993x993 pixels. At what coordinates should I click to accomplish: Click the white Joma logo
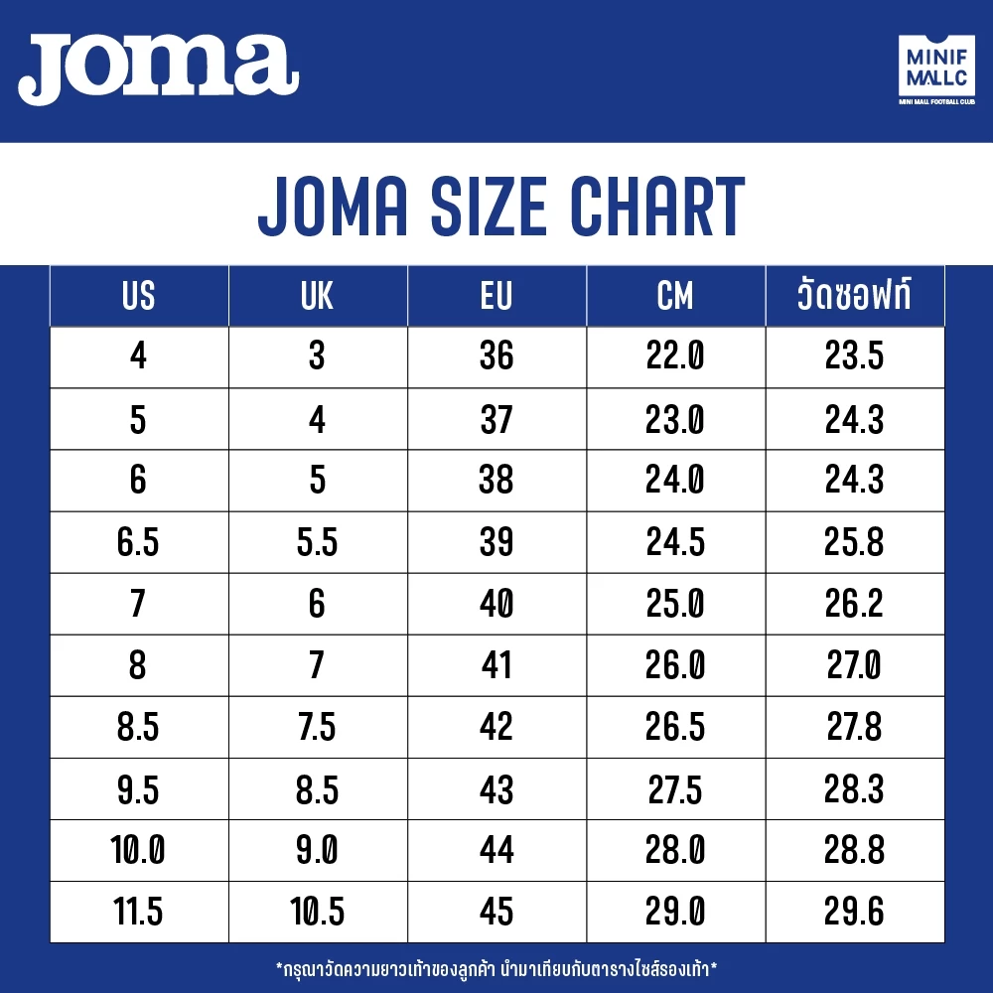(158, 69)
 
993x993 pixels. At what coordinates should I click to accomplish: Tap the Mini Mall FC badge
(936, 70)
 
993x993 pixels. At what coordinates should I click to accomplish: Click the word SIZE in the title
(489, 206)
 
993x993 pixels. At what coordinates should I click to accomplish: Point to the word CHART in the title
(657, 206)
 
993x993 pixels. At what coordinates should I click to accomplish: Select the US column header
(138, 296)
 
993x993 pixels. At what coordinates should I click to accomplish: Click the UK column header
(317, 296)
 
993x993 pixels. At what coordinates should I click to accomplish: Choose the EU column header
(496, 296)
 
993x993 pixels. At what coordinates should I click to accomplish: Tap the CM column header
(675, 296)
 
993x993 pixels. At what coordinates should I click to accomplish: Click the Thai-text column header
(854, 295)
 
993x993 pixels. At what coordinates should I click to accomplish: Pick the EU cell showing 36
(496, 355)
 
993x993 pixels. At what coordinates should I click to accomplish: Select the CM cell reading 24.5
(675, 542)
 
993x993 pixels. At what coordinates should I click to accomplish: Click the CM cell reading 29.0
(675, 912)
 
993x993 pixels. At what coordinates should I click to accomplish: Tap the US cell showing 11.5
(138, 912)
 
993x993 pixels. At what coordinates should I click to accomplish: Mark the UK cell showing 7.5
(317, 727)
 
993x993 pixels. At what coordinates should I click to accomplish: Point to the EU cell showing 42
(496, 727)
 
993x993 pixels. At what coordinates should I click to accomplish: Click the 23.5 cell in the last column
(854, 355)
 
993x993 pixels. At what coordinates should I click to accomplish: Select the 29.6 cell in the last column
(854, 912)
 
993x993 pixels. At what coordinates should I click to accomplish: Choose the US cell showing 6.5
(138, 542)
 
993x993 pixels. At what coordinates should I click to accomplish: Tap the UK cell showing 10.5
(317, 912)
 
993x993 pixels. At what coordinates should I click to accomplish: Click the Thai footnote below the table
(496, 969)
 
